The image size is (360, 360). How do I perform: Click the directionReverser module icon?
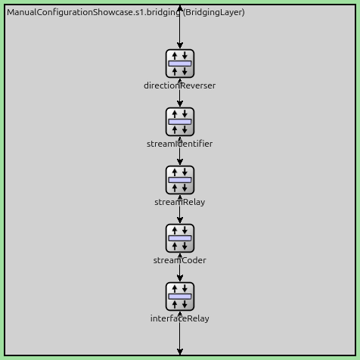click(180, 64)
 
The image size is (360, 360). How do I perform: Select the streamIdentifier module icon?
click(180, 122)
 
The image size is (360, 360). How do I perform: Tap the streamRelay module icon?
click(180, 180)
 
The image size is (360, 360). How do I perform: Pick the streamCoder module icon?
click(180, 238)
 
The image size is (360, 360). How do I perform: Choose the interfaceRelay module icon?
click(180, 296)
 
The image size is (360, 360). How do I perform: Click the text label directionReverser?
click(180, 85)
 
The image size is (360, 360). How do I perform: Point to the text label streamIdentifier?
click(180, 144)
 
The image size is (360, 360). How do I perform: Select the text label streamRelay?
click(180, 202)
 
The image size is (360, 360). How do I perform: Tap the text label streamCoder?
click(180, 260)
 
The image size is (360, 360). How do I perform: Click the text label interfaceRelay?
click(180, 318)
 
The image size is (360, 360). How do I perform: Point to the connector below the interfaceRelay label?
click(180, 339)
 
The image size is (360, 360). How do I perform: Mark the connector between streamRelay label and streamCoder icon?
click(180, 216)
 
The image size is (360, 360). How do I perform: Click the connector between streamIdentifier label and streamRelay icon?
click(180, 157)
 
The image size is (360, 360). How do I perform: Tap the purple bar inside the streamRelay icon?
click(180, 180)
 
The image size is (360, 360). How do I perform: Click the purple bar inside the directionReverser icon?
click(180, 64)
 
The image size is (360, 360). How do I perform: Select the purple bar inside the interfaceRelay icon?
click(180, 296)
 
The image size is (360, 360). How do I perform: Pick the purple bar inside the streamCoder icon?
click(180, 238)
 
